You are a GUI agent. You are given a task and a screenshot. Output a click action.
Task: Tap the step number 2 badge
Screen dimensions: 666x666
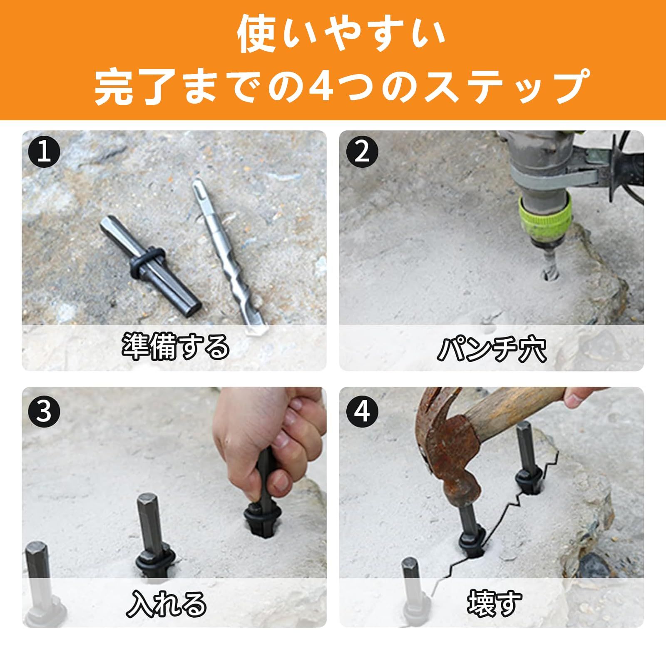tap(362, 152)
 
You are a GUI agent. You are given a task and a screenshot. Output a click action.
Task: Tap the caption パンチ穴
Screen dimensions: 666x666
tap(491, 349)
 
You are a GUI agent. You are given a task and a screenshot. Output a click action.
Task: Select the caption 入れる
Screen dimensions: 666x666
tap(166, 604)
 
